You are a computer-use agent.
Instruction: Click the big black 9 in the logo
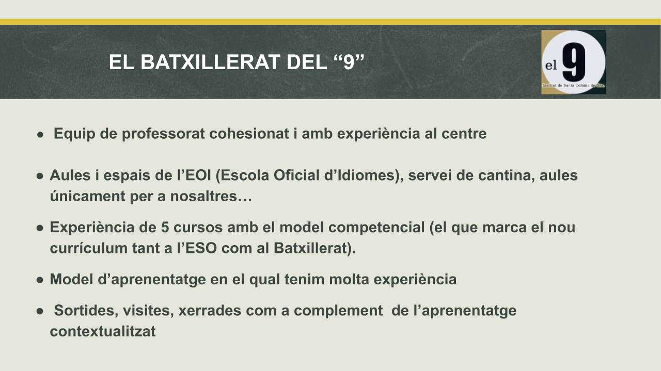tap(574, 62)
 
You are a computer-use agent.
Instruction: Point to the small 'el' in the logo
tap(550, 65)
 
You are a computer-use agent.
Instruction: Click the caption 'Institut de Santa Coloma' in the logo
tap(570, 86)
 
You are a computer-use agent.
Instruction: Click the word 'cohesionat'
tap(249, 133)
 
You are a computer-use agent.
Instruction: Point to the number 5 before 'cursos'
tap(165, 228)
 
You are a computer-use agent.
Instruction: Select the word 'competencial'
tap(376, 228)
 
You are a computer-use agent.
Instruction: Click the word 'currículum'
tap(88, 248)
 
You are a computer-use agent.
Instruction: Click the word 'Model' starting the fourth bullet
tap(71, 279)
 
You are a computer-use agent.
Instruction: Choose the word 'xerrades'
tap(210, 311)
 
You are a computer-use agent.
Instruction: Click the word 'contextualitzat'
tap(103, 331)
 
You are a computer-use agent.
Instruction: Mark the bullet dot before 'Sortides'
tap(40, 311)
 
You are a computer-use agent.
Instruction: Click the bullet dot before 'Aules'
tap(40, 176)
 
